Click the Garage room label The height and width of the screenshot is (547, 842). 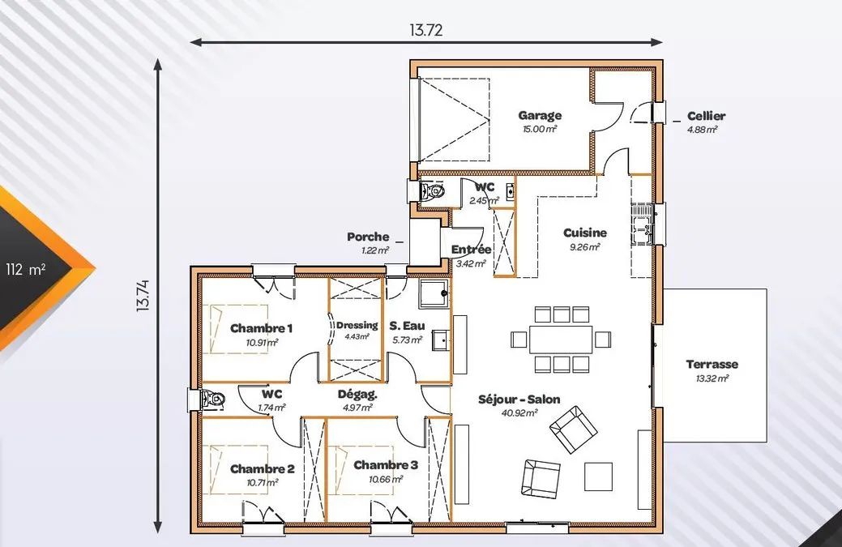click(540, 115)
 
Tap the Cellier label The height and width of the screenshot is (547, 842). click(706, 116)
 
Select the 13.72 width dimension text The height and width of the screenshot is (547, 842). click(425, 30)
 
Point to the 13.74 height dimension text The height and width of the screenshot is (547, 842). click(143, 296)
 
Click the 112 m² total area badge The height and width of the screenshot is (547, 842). click(26, 270)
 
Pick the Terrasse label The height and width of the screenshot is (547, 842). click(712, 365)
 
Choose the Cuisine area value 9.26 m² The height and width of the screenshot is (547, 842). click(584, 247)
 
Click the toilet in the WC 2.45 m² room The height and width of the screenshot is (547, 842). click(432, 190)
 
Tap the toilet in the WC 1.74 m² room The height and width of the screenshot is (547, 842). click(212, 399)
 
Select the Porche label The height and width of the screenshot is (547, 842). click(368, 237)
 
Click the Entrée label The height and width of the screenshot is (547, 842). click(471, 250)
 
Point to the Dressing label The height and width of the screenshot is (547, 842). click(357, 325)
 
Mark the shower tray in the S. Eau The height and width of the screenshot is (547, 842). click(434, 294)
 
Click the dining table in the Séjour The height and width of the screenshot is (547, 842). click(561, 340)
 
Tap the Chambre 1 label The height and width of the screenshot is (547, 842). click(262, 328)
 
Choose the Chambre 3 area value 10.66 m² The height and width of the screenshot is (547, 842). click(386, 480)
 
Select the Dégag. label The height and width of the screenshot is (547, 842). click(357, 395)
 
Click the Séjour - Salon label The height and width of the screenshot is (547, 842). click(519, 400)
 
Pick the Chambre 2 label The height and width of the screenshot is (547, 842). click(263, 469)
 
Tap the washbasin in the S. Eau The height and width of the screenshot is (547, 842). click(440, 340)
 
